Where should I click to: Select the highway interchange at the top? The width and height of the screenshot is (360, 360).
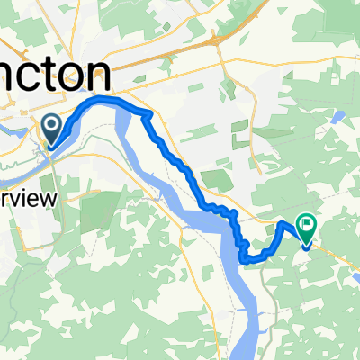[x=216, y=40]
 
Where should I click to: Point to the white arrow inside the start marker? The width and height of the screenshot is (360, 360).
[x=51, y=125]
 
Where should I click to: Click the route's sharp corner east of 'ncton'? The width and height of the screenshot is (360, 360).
[x=145, y=112]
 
